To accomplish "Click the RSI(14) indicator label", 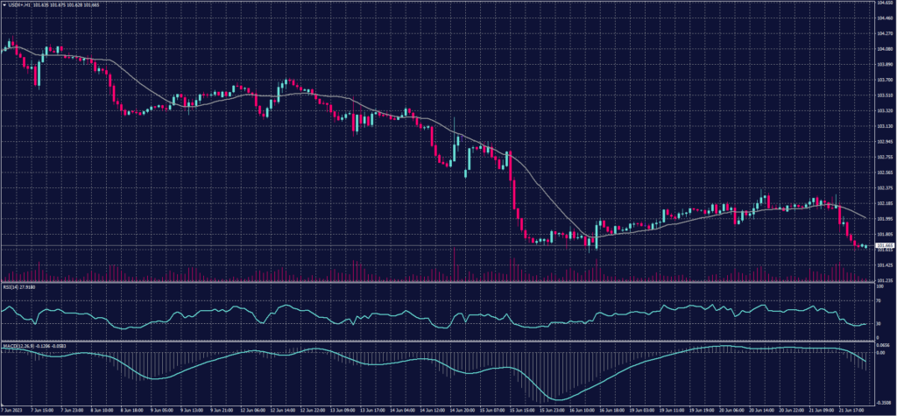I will [x=11, y=286].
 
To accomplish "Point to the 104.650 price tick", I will [x=884, y=4].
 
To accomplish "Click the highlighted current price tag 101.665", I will [x=884, y=245].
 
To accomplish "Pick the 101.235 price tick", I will [x=884, y=279].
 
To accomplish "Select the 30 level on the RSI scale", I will [x=878, y=323].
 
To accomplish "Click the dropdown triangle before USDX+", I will [x=4, y=4].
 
